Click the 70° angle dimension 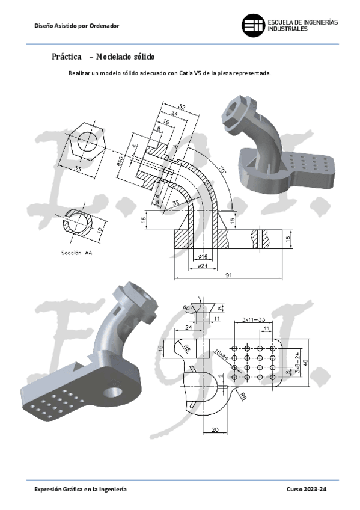223,170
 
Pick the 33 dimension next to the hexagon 78,170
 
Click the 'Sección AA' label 76,253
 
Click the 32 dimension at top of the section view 182,107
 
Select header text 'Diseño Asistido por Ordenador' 77,26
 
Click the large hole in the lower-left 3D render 112,392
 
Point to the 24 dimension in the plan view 189,328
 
